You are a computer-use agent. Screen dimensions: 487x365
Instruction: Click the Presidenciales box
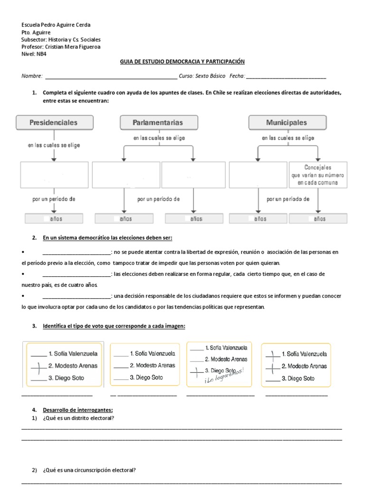coord(53,123)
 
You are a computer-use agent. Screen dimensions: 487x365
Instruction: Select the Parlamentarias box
coord(158,123)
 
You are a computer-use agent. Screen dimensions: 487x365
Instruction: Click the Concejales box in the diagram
coord(317,175)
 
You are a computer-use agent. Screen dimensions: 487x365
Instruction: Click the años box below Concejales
coord(317,219)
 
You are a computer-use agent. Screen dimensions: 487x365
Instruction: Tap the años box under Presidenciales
coord(54,219)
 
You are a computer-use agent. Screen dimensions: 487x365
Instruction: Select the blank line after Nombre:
coord(110,77)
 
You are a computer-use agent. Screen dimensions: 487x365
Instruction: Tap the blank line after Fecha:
coord(286,77)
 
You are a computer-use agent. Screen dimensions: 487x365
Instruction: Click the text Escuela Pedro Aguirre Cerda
coord(56,25)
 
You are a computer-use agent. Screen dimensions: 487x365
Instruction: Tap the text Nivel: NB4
coord(34,54)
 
